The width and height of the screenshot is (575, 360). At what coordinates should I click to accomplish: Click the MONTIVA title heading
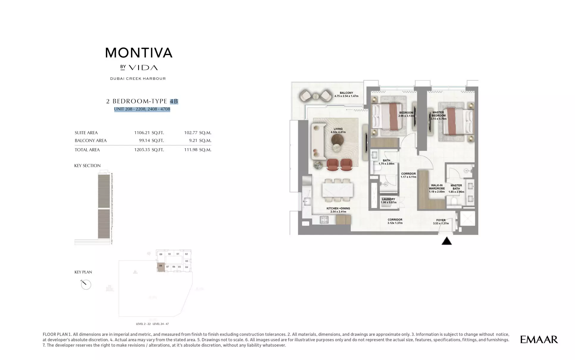point(139,53)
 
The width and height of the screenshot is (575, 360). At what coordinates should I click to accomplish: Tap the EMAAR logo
point(539,339)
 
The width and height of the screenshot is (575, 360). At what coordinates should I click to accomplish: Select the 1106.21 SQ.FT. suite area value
point(149,133)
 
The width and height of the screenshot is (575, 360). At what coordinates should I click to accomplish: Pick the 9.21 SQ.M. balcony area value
point(197,140)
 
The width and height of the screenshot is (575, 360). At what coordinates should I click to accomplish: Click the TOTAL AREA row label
point(87,150)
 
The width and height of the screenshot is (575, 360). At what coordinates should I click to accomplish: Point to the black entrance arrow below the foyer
point(446,241)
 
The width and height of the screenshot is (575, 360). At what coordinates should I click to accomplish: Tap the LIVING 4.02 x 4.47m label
point(338,130)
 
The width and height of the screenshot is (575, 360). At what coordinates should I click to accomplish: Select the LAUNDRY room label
point(388,201)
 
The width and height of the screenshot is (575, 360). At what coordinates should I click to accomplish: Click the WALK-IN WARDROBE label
point(437,188)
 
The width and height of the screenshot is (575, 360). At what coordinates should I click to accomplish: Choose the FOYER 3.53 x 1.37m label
point(441,222)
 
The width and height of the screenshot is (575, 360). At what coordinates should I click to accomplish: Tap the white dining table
point(338,190)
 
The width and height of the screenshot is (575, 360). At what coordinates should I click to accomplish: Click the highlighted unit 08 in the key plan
point(161,267)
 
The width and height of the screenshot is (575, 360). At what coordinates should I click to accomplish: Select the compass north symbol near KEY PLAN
point(86,284)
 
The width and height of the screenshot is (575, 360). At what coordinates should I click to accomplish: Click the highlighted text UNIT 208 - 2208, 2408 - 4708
point(142,109)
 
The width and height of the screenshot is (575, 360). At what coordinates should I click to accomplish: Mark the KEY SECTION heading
point(87,165)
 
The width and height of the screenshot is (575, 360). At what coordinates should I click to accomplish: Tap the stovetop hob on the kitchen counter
point(324,220)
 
